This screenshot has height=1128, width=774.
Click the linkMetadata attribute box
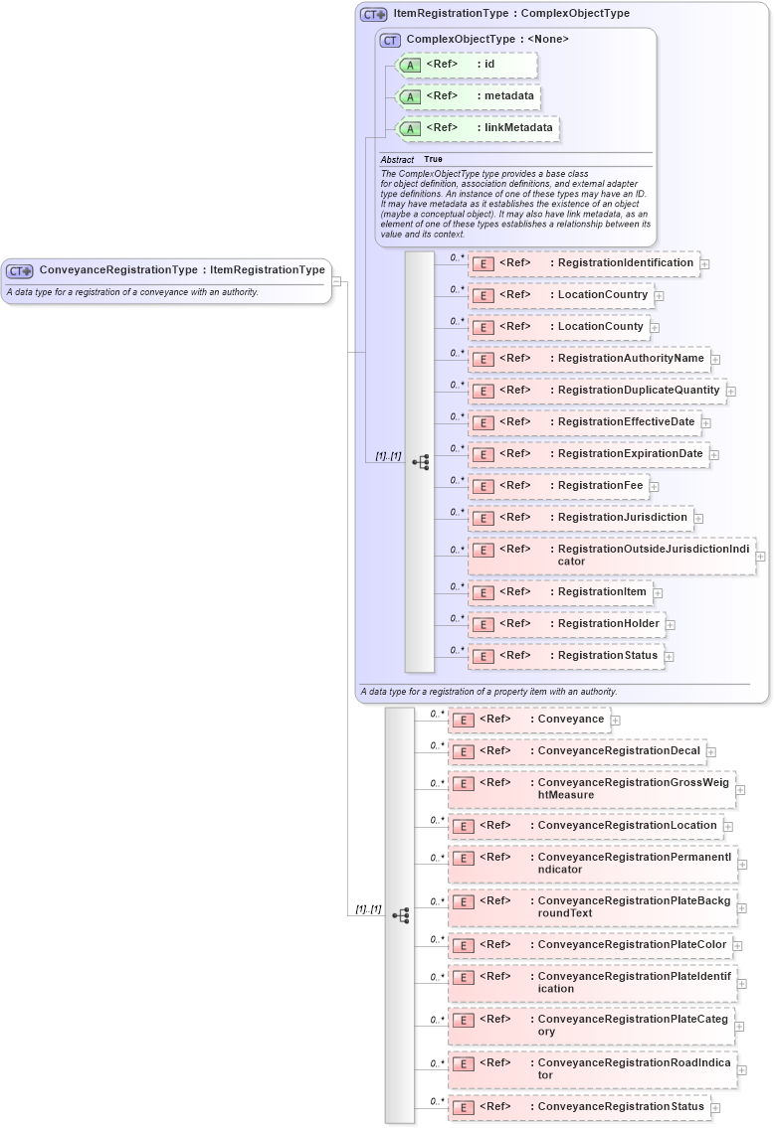(478, 128)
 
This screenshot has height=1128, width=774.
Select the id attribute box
(467, 65)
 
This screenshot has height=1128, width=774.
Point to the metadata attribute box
(469, 96)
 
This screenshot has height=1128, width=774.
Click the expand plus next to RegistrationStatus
(670, 657)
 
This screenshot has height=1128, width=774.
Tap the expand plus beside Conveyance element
(615, 721)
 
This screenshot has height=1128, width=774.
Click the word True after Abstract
(433, 159)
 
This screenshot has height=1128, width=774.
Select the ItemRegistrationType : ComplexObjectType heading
(510, 14)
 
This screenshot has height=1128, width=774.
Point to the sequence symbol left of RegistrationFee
(421, 462)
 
